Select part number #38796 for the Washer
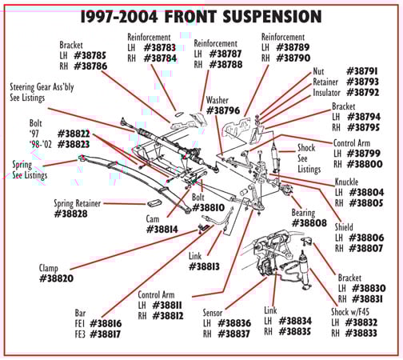(x=224, y=110)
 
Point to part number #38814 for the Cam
(x=163, y=230)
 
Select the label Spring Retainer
(x=78, y=203)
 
